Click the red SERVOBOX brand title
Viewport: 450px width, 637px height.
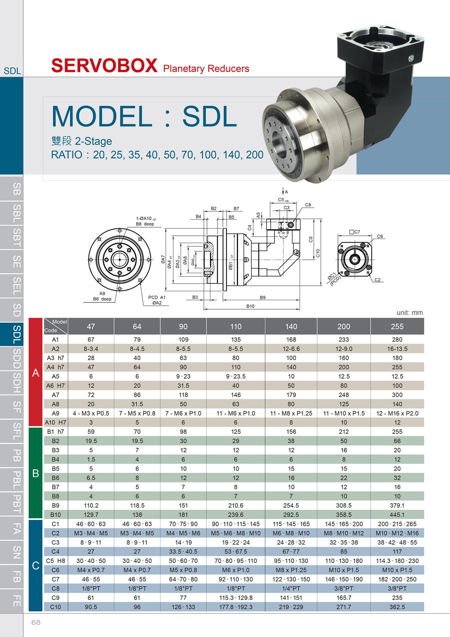click(x=104, y=66)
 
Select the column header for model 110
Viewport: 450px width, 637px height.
click(x=235, y=326)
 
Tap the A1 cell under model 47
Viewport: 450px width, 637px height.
click(x=91, y=340)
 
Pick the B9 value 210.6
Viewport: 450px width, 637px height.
click(x=235, y=505)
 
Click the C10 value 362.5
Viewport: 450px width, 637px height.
click(x=397, y=607)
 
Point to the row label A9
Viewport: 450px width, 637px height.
click(x=55, y=413)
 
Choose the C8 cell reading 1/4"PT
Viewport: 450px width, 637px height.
click(x=291, y=588)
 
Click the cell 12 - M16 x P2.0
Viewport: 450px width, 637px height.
click(x=397, y=413)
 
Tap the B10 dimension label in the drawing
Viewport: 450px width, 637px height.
click(x=250, y=306)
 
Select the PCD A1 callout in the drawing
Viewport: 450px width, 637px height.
click(x=156, y=297)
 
